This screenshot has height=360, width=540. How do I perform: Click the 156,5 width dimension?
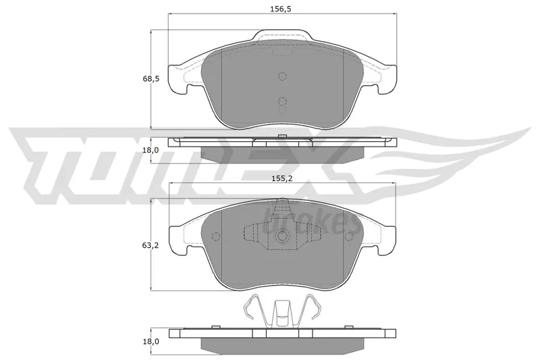[281, 9]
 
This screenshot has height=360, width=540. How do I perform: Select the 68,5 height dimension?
[151, 79]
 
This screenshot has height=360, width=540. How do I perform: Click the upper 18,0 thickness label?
[151, 150]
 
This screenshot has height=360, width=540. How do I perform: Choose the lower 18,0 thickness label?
[151, 341]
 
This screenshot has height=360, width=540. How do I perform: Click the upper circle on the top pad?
[282, 76]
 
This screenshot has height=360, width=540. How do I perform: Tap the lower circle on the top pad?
[282, 101]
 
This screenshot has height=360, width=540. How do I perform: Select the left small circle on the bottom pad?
[216, 236]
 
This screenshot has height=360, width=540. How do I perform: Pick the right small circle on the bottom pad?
[349, 236]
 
